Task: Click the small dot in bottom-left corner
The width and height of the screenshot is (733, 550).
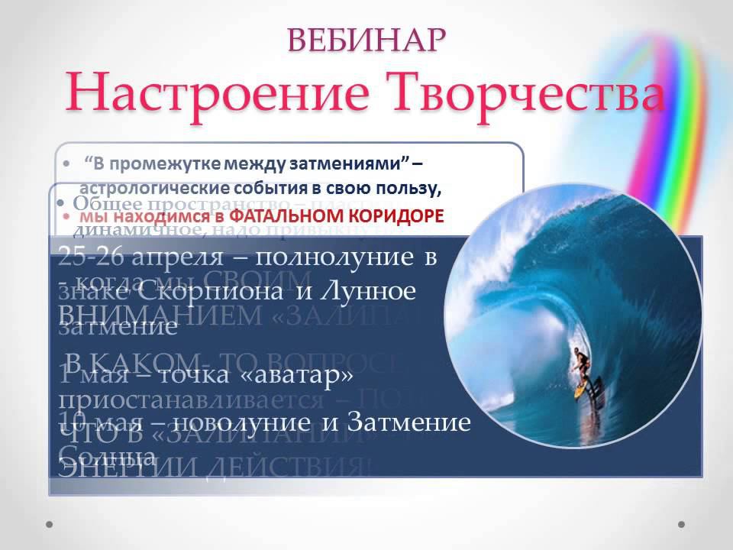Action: coord(50,524)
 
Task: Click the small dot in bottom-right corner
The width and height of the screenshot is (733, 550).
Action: coord(682,524)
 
